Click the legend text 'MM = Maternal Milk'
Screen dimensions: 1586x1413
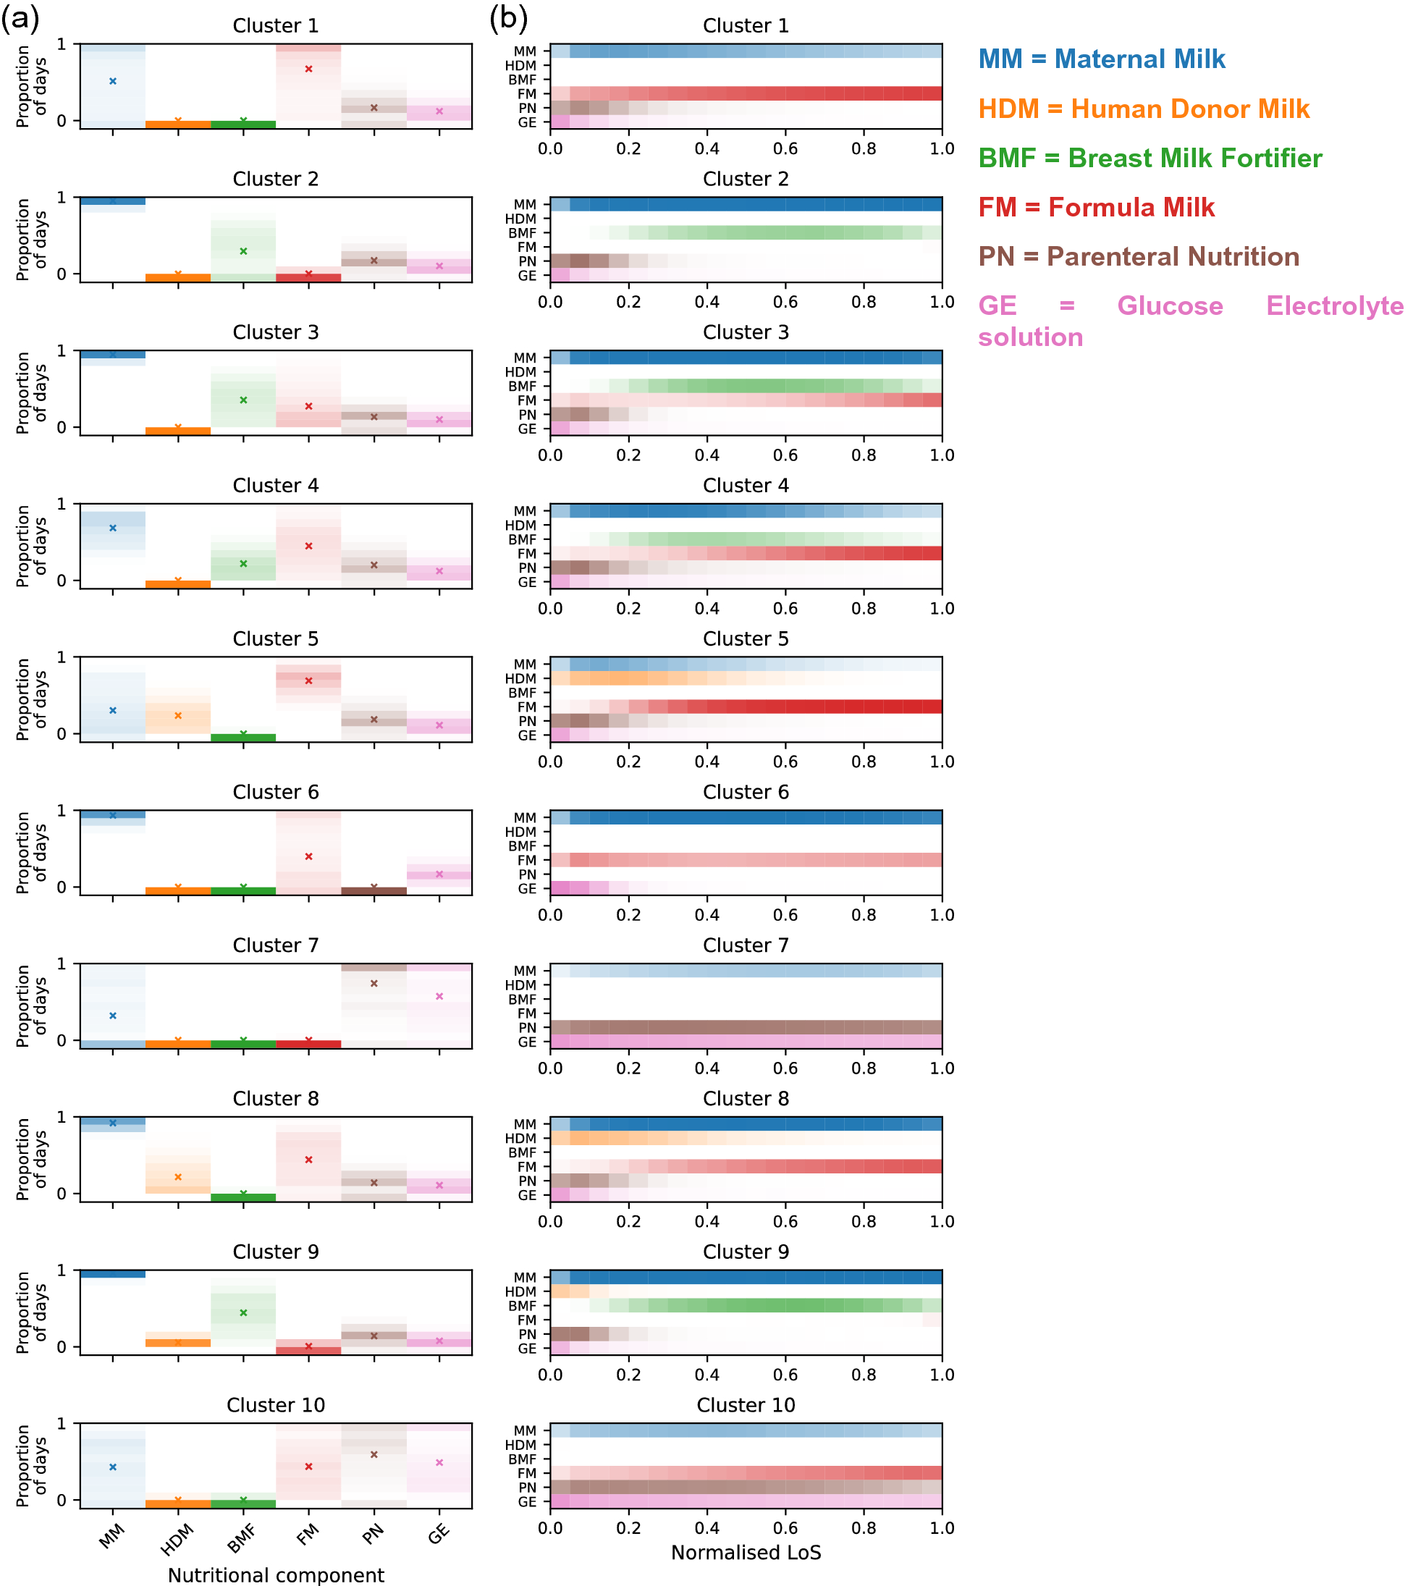pyautogui.click(x=1101, y=59)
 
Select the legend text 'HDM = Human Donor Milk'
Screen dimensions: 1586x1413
pyautogui.click(x=1144, y=109)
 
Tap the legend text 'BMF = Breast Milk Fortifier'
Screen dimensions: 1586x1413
pyautogui.click(x=1150, y=159)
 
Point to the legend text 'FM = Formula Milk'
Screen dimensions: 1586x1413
pyautogui.click(x=1096, y=207)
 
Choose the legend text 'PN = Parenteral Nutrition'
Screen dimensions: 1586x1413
pyautogui.click(x=1138, y=257)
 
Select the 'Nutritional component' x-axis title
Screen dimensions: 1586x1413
pyautogui.click(x=276, y=1574)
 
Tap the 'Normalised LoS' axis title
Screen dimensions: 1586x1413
pyautogui.click(x=746, y=1552)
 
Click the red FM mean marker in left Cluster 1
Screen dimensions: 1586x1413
pyautogui.click(x=308, y=69)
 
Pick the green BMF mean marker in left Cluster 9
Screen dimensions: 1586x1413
pyautogui.click(x=243, y=1313)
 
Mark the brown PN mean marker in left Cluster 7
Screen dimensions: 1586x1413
pyautogui.click(x=374, y=984)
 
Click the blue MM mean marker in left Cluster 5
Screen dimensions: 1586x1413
pyautogui.click(x=113, y=710)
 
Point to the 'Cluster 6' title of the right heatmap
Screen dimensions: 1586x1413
pyautogui.click(x=746, y=792)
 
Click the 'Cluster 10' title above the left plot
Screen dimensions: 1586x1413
pyautogui.click(x=276, y=1405)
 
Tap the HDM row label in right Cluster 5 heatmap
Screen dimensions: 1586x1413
pyautogui.click(x=520, y=678)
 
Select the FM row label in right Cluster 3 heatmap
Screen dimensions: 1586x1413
pyautogui.click(x=526, y=400)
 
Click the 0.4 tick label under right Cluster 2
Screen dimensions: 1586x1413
pyautogui.click(x=706, y=302)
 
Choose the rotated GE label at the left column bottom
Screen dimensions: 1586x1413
pyautogui.click(x=439, y=1534)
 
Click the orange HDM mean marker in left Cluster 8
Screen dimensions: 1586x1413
pyautogui.click(x=178, y=1177)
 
